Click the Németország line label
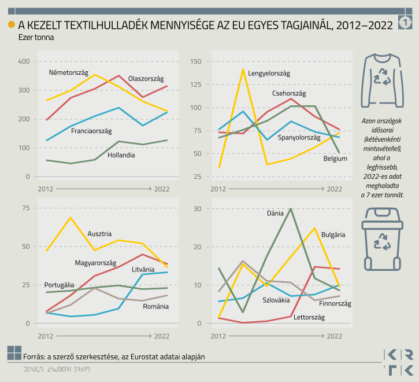click(x=69, y=72)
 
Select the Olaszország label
click(x=146, y=78)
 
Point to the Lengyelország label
click(x=269, y=73)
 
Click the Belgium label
click(x=335, y=158)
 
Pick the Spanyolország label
click(x=299, y=138)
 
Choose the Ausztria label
click(x=99, y=234)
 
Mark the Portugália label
click(x=59, y=285)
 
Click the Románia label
click(x=155, y=306)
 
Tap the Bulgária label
click(x=333, y=234)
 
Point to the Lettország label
click(x=309, y=317)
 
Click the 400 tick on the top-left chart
click(x=24, y=61)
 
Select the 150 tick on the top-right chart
click(x=195, y=61)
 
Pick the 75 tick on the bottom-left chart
click(x=26, y=208)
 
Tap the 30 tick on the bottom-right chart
click(x=196, y=208)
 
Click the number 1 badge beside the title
click(x=405, y=23)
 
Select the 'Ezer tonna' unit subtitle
click(x=36, y=37)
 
